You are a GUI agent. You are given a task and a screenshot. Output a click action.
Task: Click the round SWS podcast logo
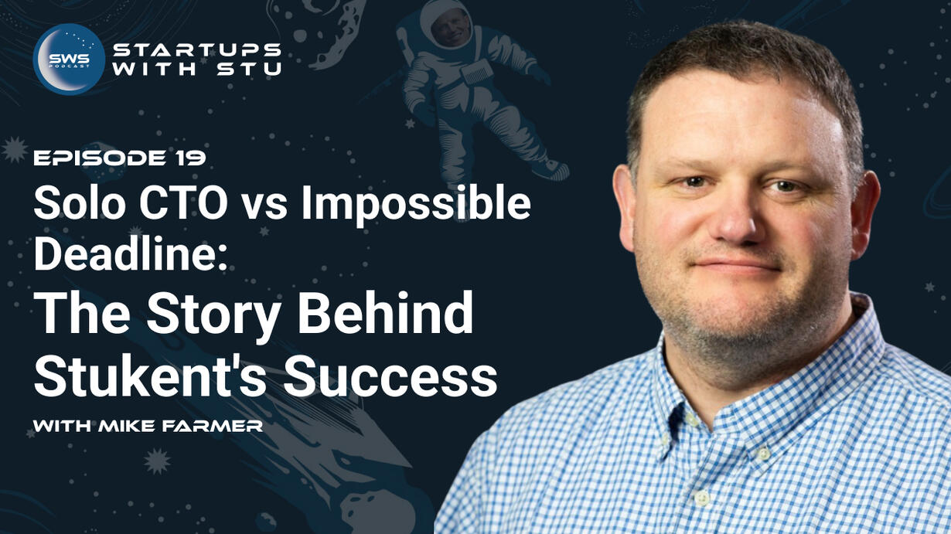tap(69, 59)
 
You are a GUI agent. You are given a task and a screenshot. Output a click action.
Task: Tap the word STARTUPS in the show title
tap(197, 50)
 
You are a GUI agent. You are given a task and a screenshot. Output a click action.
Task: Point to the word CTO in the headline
tap(183, 204)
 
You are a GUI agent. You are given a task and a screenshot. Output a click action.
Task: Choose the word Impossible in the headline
tap(416, 205)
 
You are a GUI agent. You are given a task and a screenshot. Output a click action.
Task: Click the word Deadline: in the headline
tap(131, 253)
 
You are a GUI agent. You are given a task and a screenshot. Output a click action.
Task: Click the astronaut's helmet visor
tap(452, 27)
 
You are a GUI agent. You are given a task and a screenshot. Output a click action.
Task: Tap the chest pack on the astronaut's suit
tap(477, 72)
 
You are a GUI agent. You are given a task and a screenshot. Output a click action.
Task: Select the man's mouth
tap(737, 265)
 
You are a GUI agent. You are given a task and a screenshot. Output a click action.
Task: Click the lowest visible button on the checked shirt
tap(702, 497)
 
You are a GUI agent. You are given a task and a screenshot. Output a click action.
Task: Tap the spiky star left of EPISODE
tap(15, 149)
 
